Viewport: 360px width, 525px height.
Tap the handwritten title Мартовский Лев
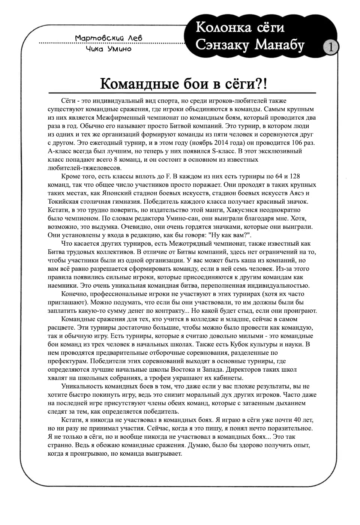click(109, 38)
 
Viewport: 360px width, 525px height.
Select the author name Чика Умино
click(109, 49)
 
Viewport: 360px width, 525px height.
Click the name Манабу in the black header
click(280, 45)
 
